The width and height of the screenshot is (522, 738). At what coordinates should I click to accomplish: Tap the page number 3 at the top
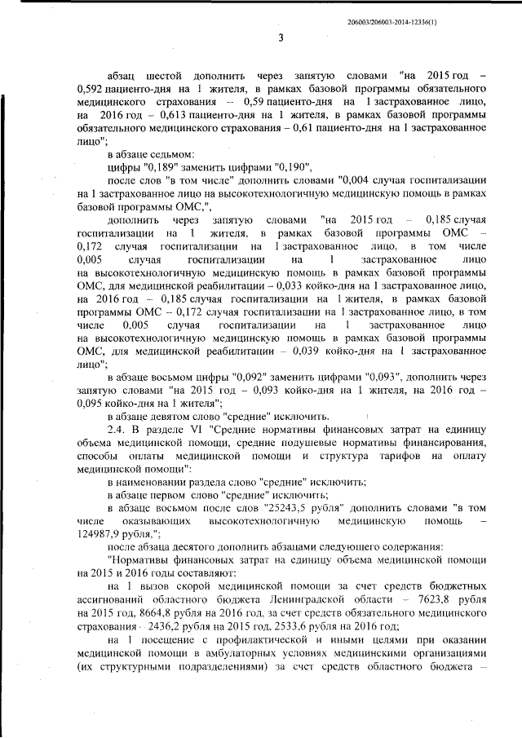280,38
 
